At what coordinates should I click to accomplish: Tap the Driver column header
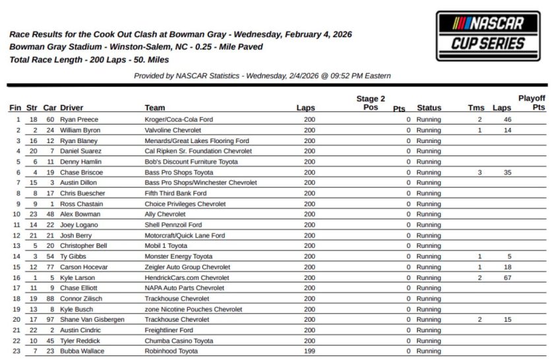click(72, 107)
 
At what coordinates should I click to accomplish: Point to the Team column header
click(155, 107)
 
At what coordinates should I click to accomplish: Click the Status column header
click(429, 107)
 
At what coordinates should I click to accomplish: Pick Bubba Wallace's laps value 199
click(309, 351)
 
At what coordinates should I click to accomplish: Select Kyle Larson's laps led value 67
click(507, 278)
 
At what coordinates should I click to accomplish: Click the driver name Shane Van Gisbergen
click(92, 320)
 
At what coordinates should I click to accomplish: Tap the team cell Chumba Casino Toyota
click(179, 341)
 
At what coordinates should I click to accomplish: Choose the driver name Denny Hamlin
click(80, 162)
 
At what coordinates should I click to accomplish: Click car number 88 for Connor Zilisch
click(50, 299)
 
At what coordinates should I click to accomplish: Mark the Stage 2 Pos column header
click(371, 103)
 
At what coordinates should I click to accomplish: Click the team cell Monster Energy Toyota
click(179, 256)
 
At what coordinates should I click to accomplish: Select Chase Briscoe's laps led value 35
click(507, 173)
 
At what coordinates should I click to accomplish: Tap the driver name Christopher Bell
click(83, 246)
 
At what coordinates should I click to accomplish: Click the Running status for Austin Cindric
click(429, 330)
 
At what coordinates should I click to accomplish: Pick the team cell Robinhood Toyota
click(171, 351)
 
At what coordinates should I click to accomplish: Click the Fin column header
click(15, 107)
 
